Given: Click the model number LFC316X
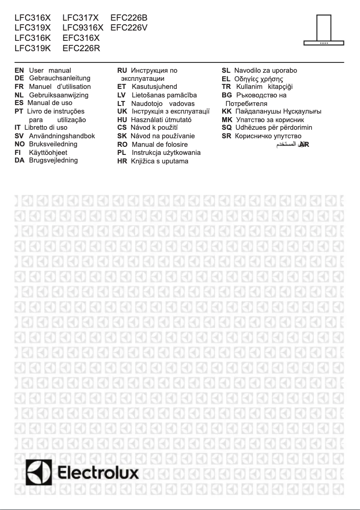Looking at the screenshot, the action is click(x=33, y=18).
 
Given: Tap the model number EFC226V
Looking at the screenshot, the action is click(x=129, y=28).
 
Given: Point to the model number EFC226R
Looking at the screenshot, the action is click(x=81, y=48).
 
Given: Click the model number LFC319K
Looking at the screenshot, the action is click(x=33, y=48).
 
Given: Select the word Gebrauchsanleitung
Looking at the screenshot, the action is click(x=60, y=78).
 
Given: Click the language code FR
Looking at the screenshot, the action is click(x=19, y=86).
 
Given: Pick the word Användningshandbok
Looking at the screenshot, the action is click(x=62, y=136).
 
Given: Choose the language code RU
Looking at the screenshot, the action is click(x=122, y=70).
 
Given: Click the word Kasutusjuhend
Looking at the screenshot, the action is click(x=154, y=86).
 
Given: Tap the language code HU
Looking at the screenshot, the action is click(x=122, y=119).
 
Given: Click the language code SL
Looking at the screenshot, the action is click(x=226, y=70).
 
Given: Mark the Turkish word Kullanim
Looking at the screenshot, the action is click(x=249, y=86).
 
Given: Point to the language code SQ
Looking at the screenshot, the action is click(x=227, y=127).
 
